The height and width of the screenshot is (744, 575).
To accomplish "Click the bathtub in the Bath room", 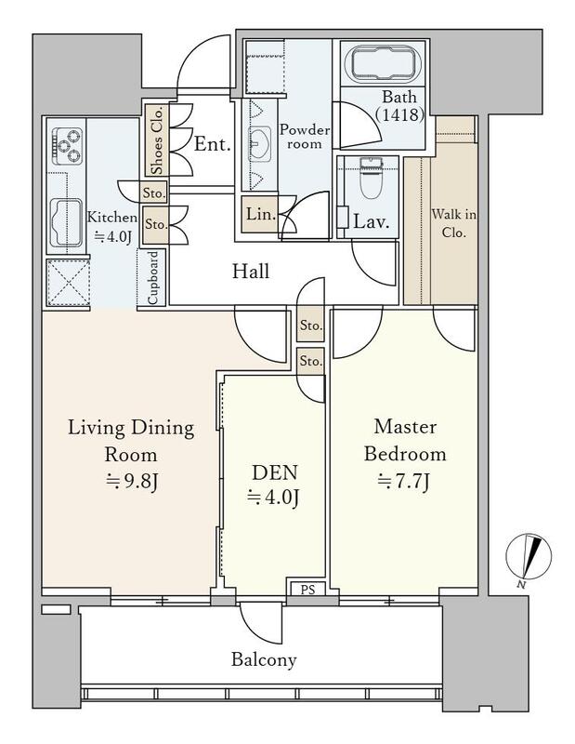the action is click(x=385, y=64).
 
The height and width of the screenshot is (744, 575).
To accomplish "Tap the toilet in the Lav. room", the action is click(x=371, y=178).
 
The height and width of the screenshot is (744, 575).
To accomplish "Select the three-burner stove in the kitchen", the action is click(x=67, y=146).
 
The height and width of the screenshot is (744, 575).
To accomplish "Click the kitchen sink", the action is click(x=66, y=222).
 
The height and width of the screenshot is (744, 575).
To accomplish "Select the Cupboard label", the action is click(x=152, y=278).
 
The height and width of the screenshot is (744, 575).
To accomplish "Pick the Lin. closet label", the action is click(x=261, y=214).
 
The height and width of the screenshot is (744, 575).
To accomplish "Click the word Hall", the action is click(x=251, y=271).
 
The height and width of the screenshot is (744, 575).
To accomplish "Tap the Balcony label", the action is click(x=264, y=659).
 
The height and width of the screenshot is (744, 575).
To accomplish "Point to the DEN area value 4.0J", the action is click(x=273, y=498).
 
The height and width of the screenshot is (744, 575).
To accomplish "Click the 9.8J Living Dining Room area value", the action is click(x=131, y=481).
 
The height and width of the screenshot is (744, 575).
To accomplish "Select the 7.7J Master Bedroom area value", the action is click(x=404, y=482).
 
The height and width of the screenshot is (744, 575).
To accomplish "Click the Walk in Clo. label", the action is click(x=453, y=223).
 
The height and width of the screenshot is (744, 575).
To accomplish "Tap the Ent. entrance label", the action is click(x=213, y=144).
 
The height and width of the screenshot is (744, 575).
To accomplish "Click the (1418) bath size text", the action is click(x=399, y=114).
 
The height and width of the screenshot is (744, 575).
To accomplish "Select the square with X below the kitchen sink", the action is click(x=68, y=283).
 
